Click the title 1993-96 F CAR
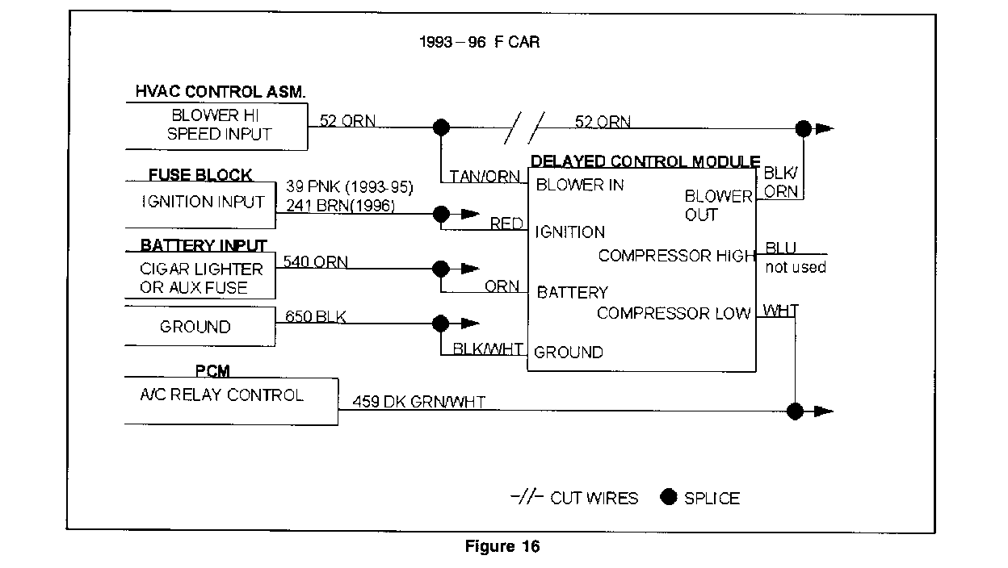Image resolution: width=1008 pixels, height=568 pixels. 479,42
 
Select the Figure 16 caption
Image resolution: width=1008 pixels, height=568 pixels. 502,547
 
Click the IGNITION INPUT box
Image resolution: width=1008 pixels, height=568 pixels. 202,203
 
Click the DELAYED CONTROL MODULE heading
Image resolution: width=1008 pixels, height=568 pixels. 645,162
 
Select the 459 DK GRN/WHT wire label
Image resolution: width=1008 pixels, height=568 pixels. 418,402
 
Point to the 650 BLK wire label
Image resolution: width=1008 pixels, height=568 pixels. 316,317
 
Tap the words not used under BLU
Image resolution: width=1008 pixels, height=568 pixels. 796,267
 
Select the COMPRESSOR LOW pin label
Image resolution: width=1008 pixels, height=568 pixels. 674,313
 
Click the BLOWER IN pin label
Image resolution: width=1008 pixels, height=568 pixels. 580,185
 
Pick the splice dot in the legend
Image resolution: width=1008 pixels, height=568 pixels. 668,497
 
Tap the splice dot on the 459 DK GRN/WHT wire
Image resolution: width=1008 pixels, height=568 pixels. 796,411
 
